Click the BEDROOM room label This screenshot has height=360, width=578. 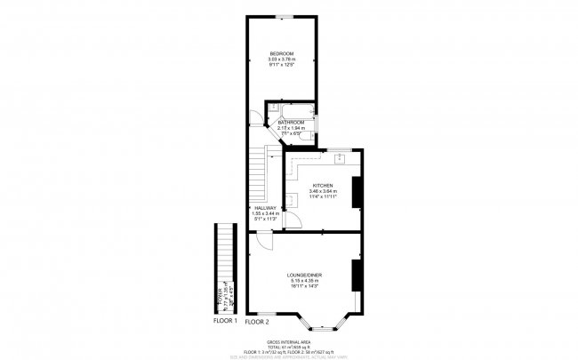click(282, 55)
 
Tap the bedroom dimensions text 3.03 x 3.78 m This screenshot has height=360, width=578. click(282, 60)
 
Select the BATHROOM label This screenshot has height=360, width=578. click(291, 122)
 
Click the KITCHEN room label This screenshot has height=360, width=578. click(321, 185)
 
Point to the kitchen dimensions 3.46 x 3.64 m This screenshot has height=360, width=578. click(321, 190)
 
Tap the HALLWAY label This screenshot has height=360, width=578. click(265, 208)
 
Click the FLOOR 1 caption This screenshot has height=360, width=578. click(223, 320)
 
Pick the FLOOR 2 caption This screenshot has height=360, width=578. click(257, 320)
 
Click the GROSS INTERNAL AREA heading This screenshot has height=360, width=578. click(288, 341)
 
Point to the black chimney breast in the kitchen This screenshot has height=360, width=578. click(357, 192)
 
